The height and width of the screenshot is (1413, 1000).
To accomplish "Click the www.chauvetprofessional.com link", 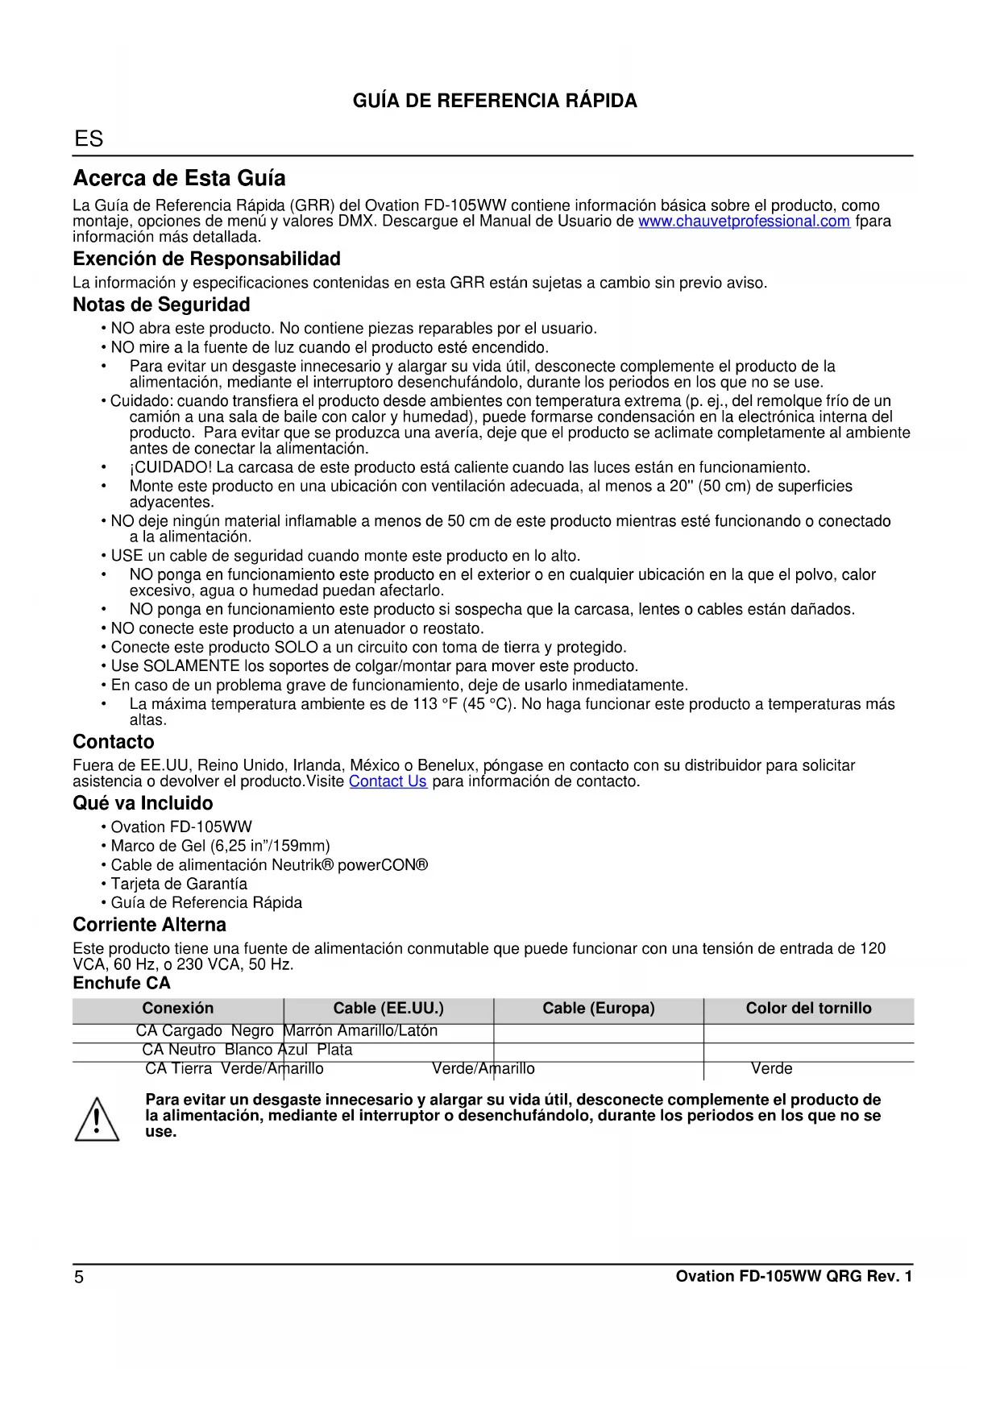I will coord(744,222).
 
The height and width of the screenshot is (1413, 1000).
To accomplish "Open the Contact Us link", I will coord(388,781).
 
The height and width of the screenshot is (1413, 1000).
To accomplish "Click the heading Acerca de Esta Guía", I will coord(179,178).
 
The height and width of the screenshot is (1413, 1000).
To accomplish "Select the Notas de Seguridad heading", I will coord(161,305).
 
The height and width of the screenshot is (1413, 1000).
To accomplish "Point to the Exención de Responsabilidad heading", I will coord(206,259).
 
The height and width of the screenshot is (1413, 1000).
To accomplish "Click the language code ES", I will coord(89,139).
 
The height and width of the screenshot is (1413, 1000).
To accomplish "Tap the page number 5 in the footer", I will coord(79,1277).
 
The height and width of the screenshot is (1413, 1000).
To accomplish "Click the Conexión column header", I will coord(178,1009).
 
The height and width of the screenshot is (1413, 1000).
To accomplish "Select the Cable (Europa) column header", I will coord(598,1009).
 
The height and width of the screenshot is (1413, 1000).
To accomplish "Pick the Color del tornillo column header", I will coord(808,1009).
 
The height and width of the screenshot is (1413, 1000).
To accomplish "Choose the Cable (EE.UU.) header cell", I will coord(388,1009).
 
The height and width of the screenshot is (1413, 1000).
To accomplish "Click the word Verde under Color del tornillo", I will coord(771,1069).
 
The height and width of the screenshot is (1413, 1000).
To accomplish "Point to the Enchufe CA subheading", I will coord(122,984).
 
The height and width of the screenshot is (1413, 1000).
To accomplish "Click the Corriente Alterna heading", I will coord(149,925).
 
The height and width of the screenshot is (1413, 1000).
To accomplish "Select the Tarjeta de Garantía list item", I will coord(179,884).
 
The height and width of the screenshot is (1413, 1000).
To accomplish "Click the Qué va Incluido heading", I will coord(143,803).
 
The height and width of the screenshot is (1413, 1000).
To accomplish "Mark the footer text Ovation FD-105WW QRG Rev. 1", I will coord(794,1277).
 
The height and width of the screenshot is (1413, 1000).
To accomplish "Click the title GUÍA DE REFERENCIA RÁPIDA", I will coord(495,102).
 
